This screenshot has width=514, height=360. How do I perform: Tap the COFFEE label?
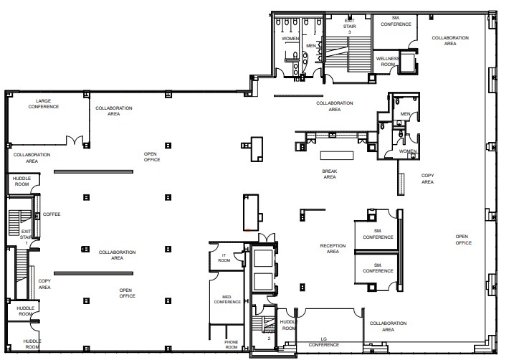(x=52, y=214)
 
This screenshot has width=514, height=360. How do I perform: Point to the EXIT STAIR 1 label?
(x=27, y=235)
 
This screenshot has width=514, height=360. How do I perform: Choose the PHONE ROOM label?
(x=231, y=344)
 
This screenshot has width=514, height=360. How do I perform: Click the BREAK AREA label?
(x=329, y=174)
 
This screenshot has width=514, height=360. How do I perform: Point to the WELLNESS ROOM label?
(x=387, y=62)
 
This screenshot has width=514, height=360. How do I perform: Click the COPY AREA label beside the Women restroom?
(x=427, y=179)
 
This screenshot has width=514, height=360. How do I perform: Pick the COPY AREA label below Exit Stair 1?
(x=44, y=284)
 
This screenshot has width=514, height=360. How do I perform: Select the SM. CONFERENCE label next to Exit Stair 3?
(x=396, y=22)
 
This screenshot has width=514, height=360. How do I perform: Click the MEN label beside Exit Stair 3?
(x=310, y=46)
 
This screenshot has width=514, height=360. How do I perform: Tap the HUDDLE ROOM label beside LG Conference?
(x=288, y=324)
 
